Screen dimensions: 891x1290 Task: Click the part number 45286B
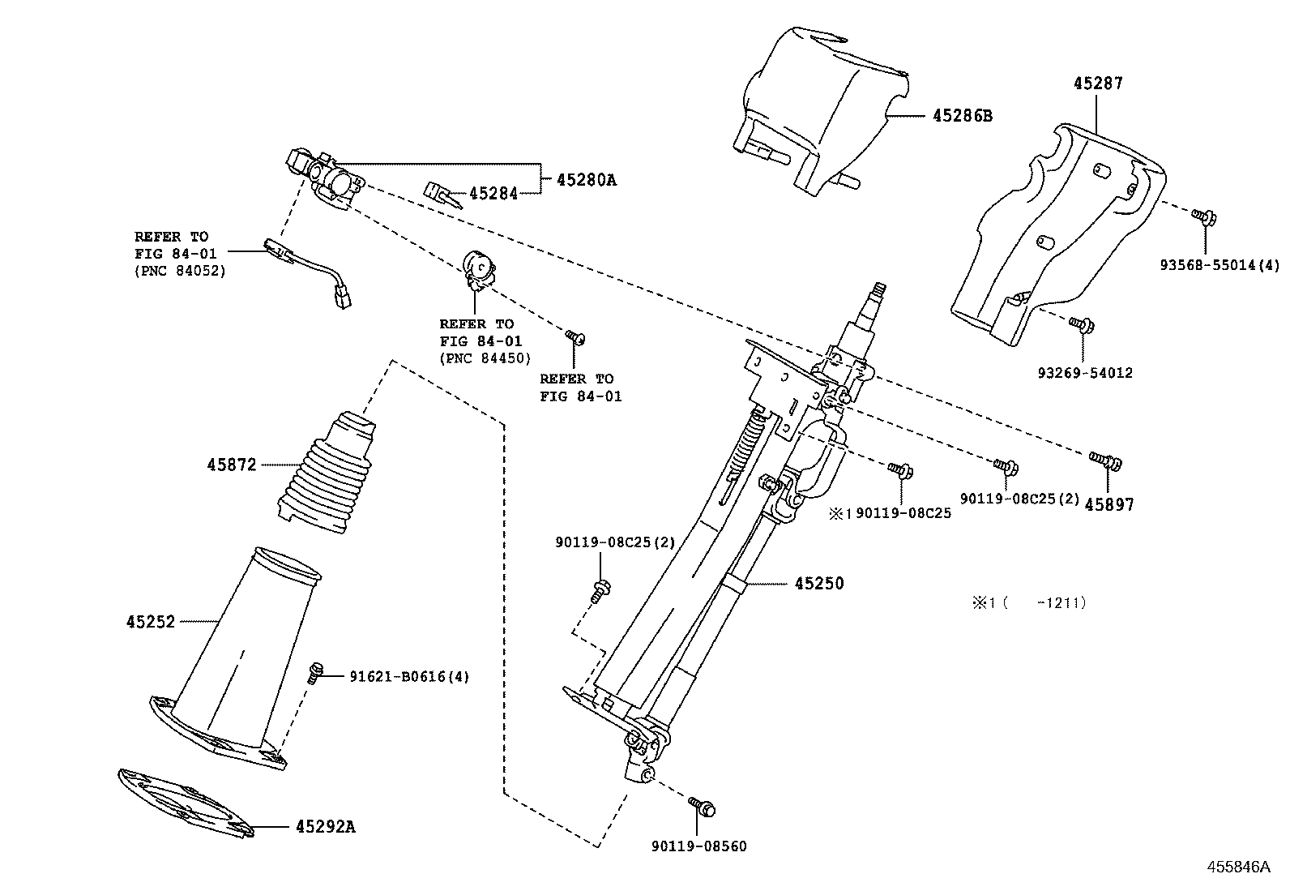962,116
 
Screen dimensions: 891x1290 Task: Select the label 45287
1098,83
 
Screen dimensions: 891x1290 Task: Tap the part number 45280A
586,180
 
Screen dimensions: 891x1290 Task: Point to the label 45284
493,194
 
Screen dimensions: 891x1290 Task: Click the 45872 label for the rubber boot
231,465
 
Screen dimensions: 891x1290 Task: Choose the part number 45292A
325,827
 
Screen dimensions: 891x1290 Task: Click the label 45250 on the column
818,583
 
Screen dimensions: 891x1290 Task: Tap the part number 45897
1109,504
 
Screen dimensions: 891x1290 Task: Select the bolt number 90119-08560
698,846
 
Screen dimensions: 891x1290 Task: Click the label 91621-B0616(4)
409,675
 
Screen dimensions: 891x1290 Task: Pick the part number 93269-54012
1084,373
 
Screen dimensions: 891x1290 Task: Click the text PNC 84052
180,271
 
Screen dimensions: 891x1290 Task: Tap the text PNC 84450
485,358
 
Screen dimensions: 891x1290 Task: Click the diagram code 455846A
1237,867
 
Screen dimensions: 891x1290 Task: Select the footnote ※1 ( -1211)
1028,602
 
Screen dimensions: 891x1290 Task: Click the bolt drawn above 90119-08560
702,807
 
